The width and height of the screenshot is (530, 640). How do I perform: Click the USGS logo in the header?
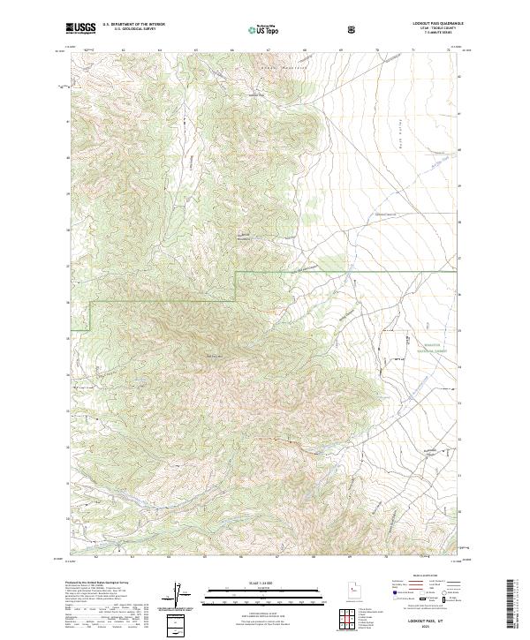click(80, 29)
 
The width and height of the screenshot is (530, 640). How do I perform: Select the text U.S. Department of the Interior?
click(132, 26)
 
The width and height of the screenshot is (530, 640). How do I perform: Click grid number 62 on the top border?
click(123, 49)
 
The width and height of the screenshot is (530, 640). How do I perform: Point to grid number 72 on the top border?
click(449, 49)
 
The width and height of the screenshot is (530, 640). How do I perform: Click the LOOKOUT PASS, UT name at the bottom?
click(424, 621)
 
